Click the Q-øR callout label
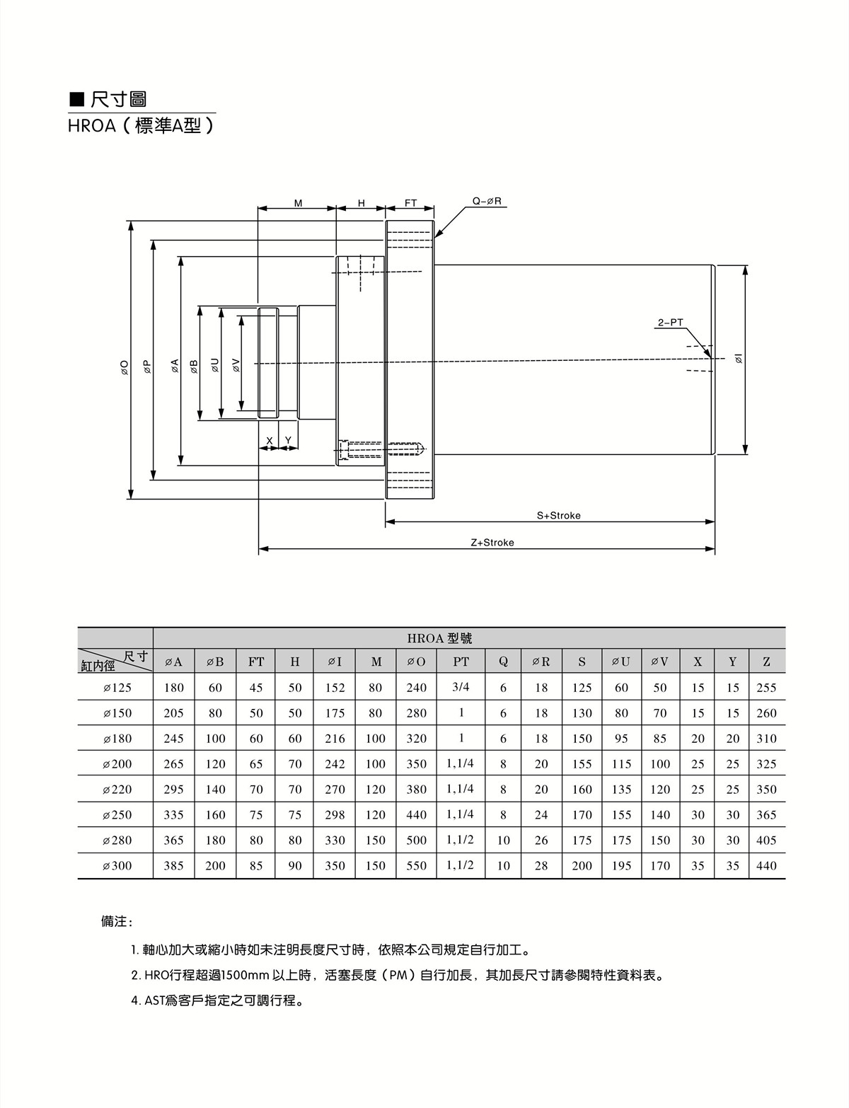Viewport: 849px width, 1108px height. pyautogui.click(x=487, y=202)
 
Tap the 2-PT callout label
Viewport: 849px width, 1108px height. pyautogui.click(x=670, y=323)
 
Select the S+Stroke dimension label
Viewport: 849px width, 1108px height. pyautogui.click(x=558, y=516)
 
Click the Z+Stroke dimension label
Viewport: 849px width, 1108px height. pyautogui.click(x=492, y=543)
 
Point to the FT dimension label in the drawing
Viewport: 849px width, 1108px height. pyautogui.click(x=410, y=203)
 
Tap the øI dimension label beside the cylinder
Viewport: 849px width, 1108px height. pyautogui.click(x=739, y=359)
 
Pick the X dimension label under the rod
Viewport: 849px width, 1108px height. pyautogui.click(x=269, y=441)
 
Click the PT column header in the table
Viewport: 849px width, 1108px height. pyautogui.click(x=461, y=662)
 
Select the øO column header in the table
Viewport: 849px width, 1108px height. pyautogui.click(x=416, y=662)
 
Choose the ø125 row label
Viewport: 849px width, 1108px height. pyautogui.click(x=117, y=688)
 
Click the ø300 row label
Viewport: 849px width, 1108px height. pyautogui.click(x=117, y=866)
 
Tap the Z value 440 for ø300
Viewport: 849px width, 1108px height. pyautogui.click(x=766, y=866)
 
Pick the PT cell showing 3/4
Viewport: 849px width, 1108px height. pyautogui.click(x=461, y=687)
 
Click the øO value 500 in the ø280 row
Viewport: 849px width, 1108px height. pyautogui.click(x=416, y=841)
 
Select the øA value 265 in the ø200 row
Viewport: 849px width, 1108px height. pyautogui.click(x=173, y=764)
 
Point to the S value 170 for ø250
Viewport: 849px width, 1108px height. pyautogui.click(x=582, y=815)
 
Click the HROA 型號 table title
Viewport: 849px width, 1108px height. pyautogui.click(x=439, y=638)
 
